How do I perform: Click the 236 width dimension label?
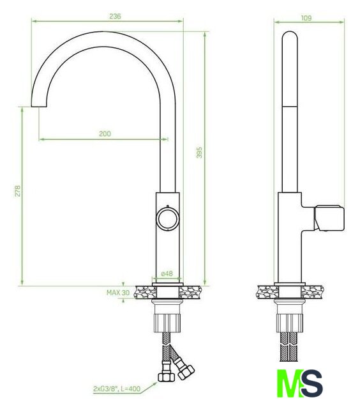click(115, 16)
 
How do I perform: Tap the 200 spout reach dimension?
click(105, 134)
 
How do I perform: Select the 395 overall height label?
click(199, 152)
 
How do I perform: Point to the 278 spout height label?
click(17, 190)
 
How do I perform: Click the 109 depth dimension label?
click(306, 18)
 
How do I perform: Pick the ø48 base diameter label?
click(167, 274)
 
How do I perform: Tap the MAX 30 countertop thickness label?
click(118, 293)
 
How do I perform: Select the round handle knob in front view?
click(167, 219)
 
